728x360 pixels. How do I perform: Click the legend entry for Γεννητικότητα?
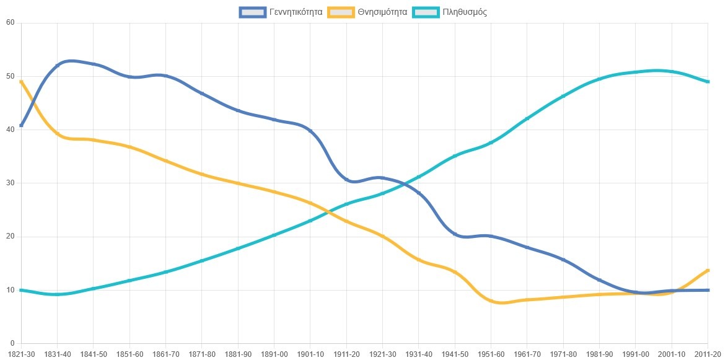point(281,12)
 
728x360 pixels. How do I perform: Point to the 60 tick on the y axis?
point(11,23)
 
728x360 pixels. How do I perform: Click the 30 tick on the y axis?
point(11,183)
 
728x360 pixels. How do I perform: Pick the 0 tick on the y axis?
point(12,343)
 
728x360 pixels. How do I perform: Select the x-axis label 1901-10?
point(310,354)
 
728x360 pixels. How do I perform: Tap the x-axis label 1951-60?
point(491,354)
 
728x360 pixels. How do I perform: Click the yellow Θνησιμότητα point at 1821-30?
point(21,82)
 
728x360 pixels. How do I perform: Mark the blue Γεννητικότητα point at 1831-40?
point(57,66)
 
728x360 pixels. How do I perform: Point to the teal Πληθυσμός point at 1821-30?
point(21,290)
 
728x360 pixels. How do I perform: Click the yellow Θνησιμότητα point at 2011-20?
point(708,270)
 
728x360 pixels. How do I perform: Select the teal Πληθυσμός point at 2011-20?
point(708,82)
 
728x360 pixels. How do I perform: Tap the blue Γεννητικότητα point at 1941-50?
point(455,234)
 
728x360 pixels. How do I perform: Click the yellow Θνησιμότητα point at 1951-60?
point(491,301)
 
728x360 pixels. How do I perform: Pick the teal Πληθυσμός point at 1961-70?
point(527,118)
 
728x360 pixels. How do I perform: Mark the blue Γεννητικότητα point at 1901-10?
point(310,131)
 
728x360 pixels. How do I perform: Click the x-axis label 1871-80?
point(202,354)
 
